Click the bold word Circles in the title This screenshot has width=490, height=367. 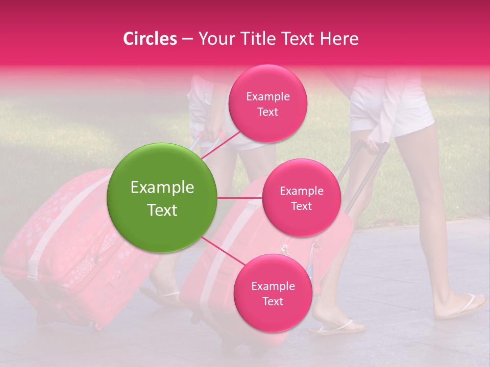pos(150,39)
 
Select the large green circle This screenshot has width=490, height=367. pos(162,198)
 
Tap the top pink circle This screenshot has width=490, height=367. pos(267,104)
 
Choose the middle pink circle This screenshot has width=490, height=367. pos(301,198)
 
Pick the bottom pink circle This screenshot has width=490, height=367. pos(272,293)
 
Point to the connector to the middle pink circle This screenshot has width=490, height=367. pos(240,198)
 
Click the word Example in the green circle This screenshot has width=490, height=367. pos(162,188)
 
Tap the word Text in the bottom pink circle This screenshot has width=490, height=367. pos(273,301)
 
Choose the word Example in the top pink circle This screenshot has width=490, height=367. pos(267,97)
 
